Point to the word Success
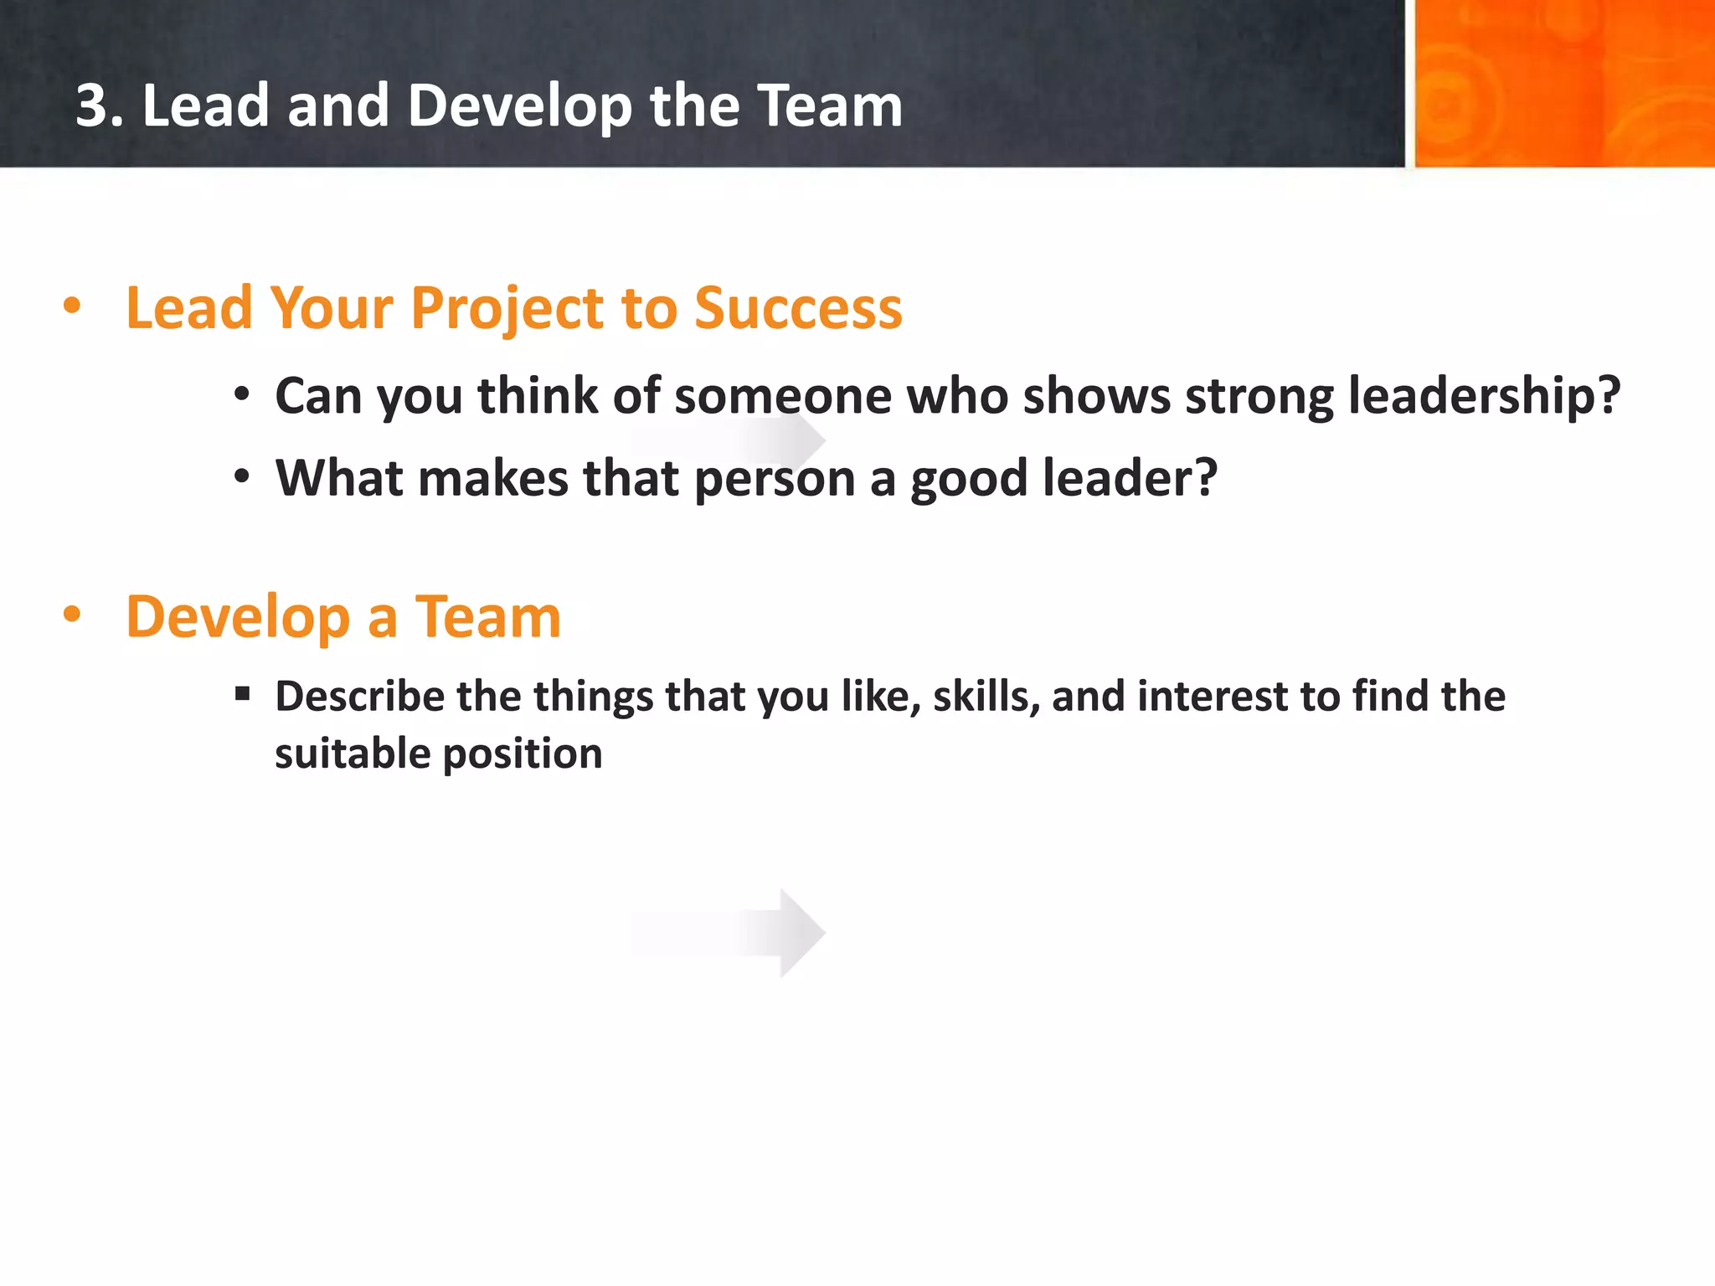798,308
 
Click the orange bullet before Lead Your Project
72,306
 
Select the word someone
783,395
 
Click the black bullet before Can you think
242,394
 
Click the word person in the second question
775,479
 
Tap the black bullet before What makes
242,476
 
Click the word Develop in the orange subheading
238,618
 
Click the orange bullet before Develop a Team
72,615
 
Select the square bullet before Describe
243,693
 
